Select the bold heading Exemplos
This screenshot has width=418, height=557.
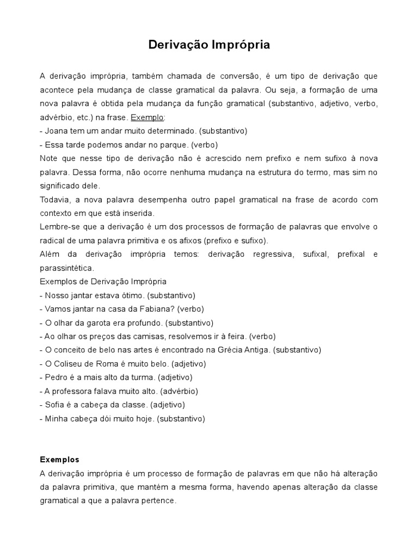60,459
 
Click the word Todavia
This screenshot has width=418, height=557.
55,200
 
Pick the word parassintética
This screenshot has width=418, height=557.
67,268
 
